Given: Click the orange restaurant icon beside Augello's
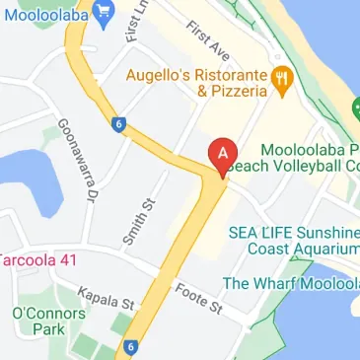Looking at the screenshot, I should click(x=282, y=81).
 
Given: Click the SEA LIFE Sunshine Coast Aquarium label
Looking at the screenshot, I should click(x=294, y=241).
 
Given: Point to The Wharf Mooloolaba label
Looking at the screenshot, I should click(x=290, y=284).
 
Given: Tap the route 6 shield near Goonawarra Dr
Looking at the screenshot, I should click(x=118, y=124).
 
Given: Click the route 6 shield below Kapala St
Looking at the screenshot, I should click(x=130, y=346).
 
